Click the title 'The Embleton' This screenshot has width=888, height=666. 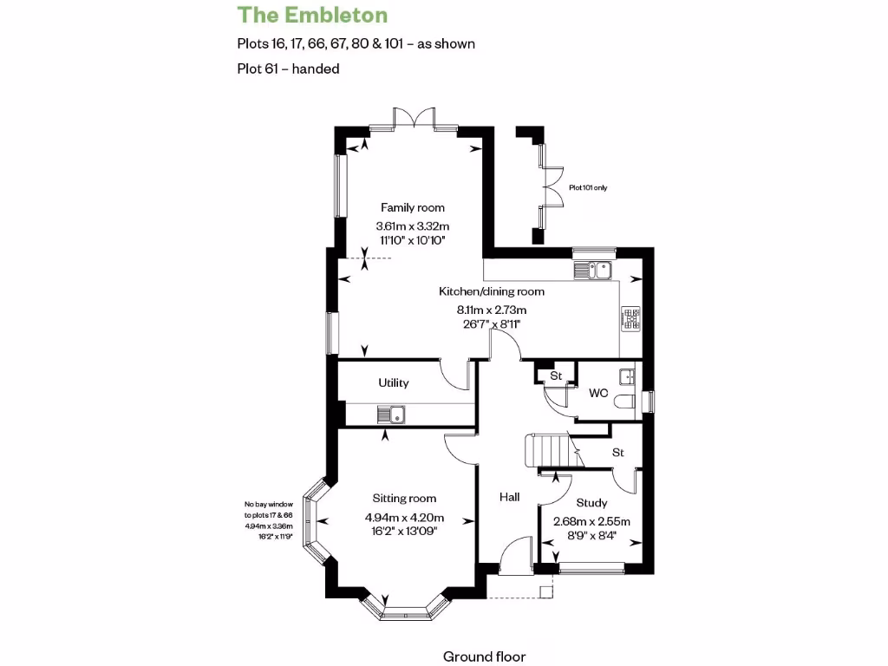tap(312, 15)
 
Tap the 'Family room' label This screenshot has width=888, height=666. tap(413, 207)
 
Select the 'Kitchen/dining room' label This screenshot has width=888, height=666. tap(492, 291)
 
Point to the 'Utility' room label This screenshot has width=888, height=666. tap(393, 382)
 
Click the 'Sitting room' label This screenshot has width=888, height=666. tap(404, 499)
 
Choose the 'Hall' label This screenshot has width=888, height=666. tap(509, 498)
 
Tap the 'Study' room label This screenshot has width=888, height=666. tap(591, 503)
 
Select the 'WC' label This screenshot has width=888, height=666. tap(598, 393)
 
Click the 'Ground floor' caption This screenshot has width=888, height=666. tap(484, 656)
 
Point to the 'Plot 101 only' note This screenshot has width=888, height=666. tap(588, 187)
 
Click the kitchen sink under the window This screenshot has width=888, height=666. tap(592, 270)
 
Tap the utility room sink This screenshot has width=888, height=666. tap(393, 415)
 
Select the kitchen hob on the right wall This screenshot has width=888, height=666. tap(630, 319)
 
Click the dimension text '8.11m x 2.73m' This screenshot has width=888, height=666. tap(492, 310)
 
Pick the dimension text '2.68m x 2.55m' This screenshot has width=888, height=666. tap(591, 521)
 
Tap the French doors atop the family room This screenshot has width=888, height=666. tap(413, 121)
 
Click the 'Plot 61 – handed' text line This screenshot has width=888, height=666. tap(288, 69)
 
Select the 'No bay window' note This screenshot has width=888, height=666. tap(269, 504)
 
